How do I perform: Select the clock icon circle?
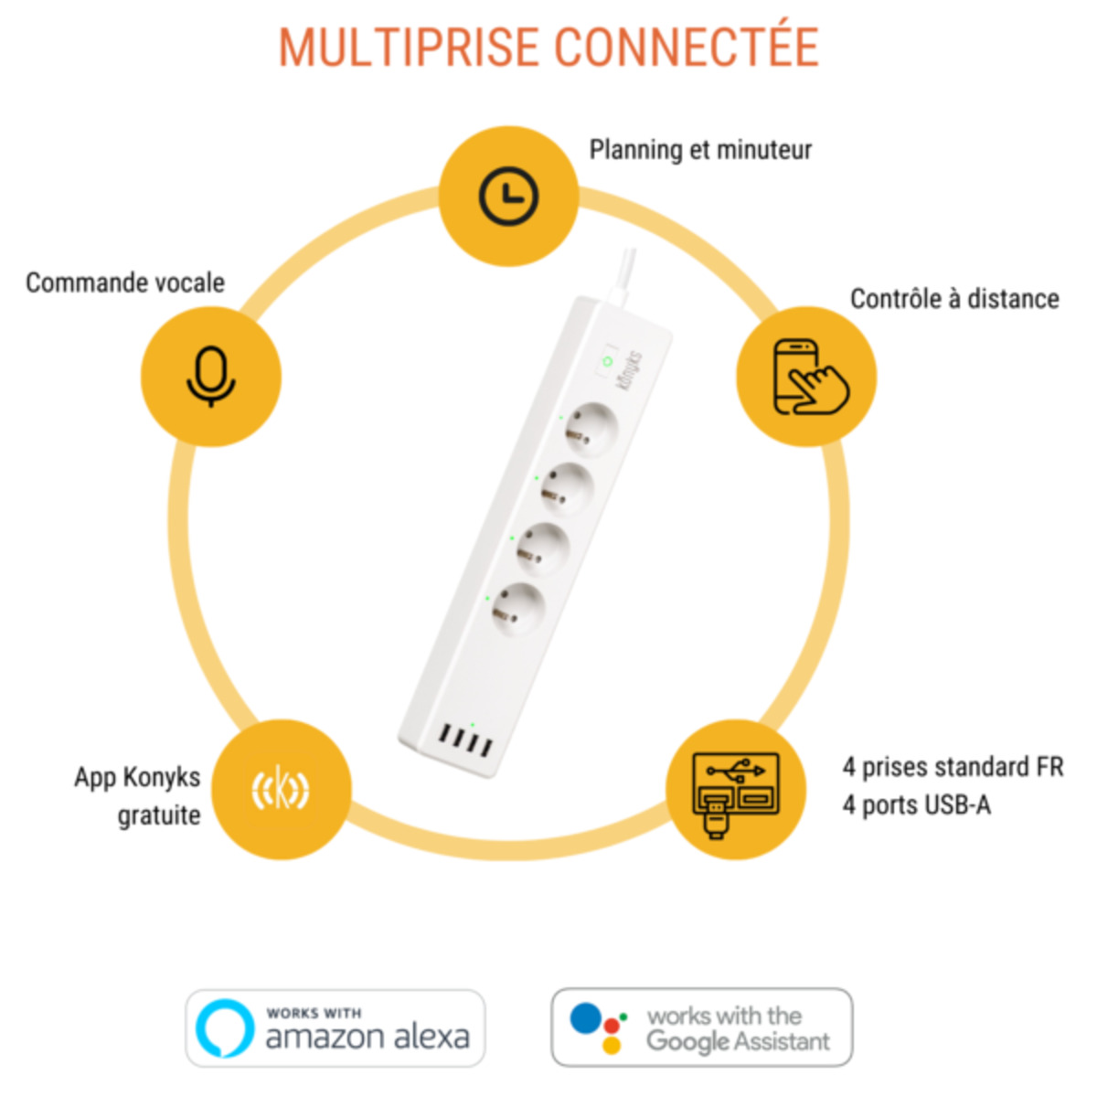pyautogui.click(x=508, y=197)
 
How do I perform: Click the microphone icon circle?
pyautogui.click(x=211, y=377)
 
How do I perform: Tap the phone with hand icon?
pyautogui.click(x=807, y=377)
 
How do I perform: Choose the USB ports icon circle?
pyautogui.click(x=735, y=790)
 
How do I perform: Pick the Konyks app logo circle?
pyautogui.click(x=281, y=790)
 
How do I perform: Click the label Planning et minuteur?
pyautogui.click(x=700, y=150)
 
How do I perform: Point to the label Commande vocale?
pyautogui.click(x=125, y=283)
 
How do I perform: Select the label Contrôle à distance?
pyautogui.click(x=954, y=300)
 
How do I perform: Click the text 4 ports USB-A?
pyautogui.click(x=916, y=805)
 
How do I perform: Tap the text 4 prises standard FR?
pyautogui.click(x=953, y=767)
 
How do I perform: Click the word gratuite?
pyautogui.click(x=159, y=815)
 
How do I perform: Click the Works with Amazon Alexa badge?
pyautogui.click(x=335, y=1028)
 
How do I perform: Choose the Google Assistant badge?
pyautogui.click(x=701, y=1028)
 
